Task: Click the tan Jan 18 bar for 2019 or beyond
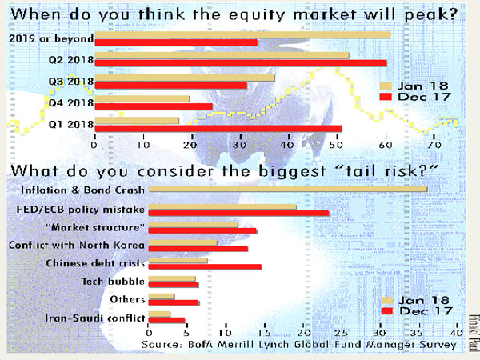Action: pos(242,35)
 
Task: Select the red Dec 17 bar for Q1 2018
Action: pos(218,129)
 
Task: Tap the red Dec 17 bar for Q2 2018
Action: pos(241,63)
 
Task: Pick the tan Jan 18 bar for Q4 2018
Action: pos(142,99)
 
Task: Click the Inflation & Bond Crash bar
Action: pos(288,189)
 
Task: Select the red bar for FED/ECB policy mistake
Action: pos(238,213)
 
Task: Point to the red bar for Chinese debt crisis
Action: pos(205,266)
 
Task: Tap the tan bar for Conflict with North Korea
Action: pos(182,242)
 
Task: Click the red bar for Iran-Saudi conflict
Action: pos(166,320)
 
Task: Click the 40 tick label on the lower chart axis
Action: pos(457,333)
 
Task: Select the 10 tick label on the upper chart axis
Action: pos(143,144)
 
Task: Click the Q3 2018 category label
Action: pos(71,82)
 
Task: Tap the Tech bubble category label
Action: pos(113,282)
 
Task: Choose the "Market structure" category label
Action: pos(95,227)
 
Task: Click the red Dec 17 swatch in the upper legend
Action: pos(386,97)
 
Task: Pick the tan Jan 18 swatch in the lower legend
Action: pos(387,300)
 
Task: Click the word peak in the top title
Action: pos(430,14)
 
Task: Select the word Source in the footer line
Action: pos(162,344)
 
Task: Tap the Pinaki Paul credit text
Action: pos(473,333)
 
